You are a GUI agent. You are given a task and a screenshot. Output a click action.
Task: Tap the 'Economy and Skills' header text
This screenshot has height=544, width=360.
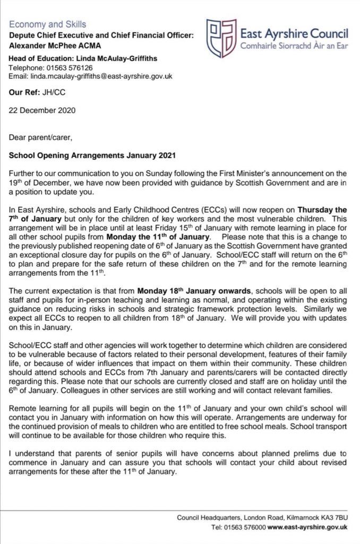(47, 24)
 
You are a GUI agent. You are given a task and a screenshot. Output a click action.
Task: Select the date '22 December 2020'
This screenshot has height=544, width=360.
(42, 110)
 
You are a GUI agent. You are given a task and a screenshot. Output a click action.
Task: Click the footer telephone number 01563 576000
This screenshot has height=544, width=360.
(247, 527)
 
